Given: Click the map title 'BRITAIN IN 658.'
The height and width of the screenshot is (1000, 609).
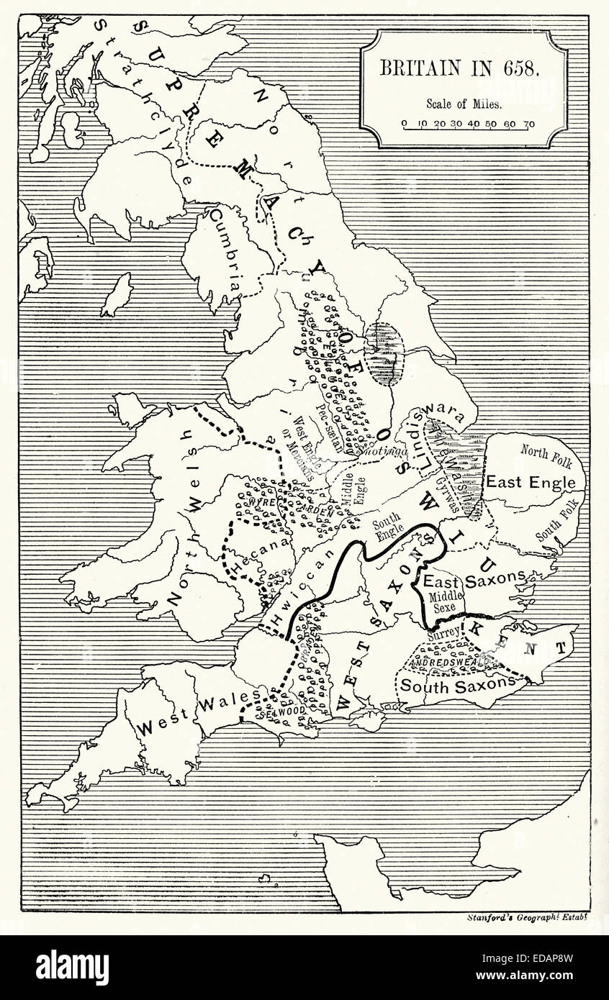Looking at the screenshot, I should [464, 68].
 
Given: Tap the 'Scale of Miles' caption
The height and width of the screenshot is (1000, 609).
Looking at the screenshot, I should [464, 104].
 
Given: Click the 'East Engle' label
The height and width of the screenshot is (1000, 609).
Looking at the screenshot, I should [531, 483].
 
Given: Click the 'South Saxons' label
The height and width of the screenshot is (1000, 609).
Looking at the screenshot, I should [458, 686].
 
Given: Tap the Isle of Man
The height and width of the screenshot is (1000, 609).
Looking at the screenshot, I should [117, 295].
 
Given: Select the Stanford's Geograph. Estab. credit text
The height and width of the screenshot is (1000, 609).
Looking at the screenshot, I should [528, 917].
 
